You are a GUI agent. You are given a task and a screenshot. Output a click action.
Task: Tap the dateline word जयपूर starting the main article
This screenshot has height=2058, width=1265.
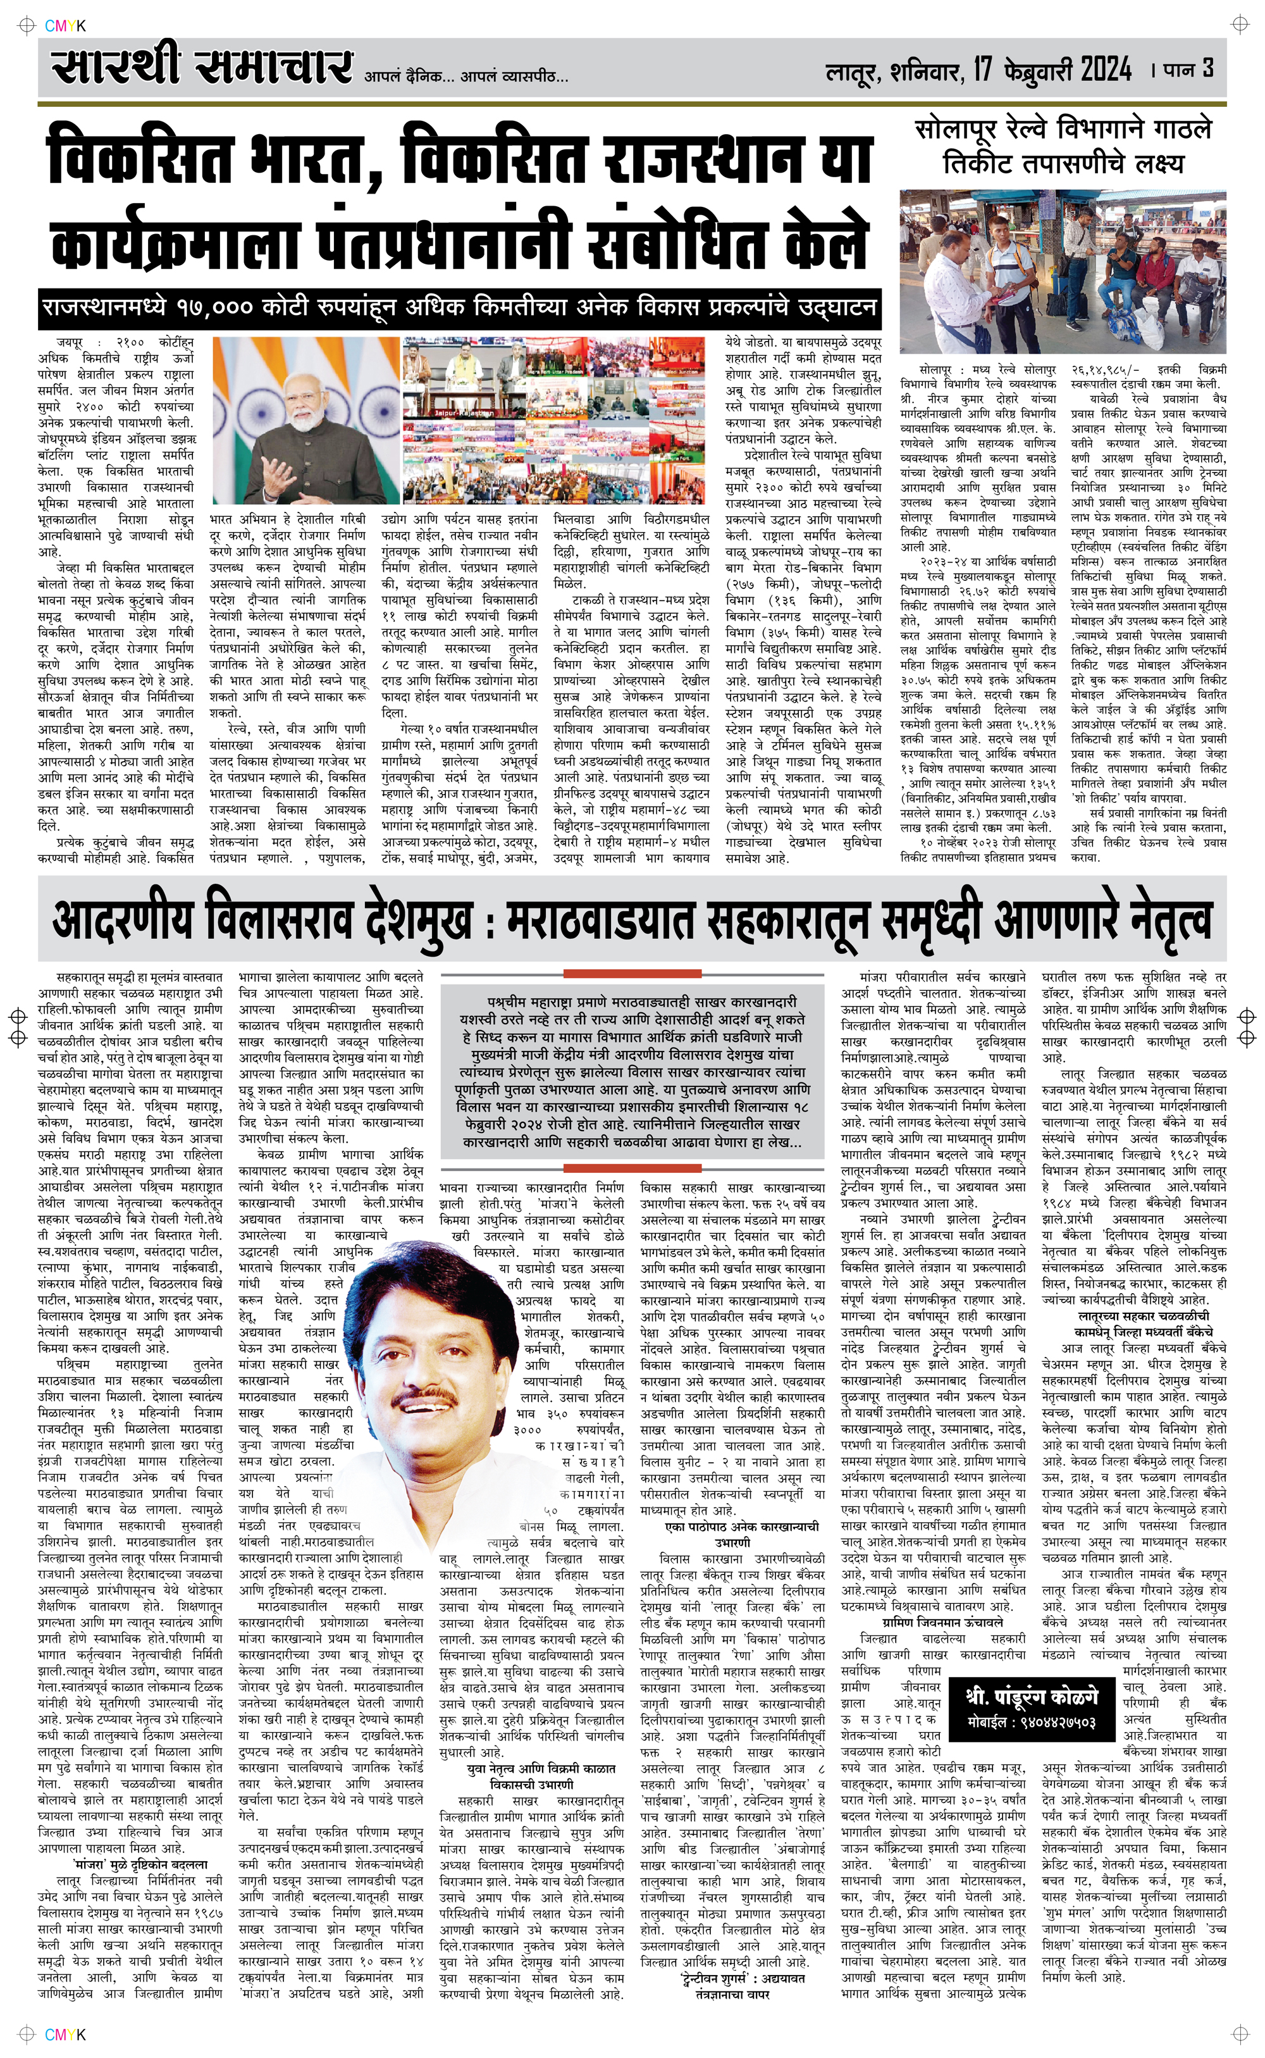(70, 342)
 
